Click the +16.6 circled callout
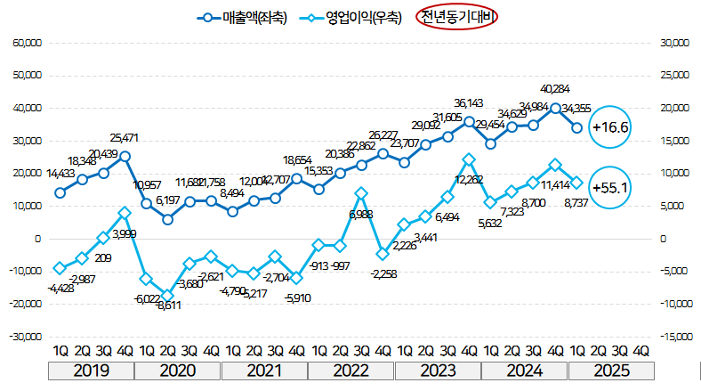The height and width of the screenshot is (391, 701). click(x=610, y=127)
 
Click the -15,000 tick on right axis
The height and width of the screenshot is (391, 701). click(x=671, y=337)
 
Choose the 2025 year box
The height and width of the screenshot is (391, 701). click(x=611, y=371)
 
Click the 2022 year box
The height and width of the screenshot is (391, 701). click(x=351, y=371)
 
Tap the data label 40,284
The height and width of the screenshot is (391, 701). click(x=555, y=88)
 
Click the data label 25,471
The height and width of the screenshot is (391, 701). click(x=125, y=138)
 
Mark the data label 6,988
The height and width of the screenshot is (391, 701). click(x=360, y=215)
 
